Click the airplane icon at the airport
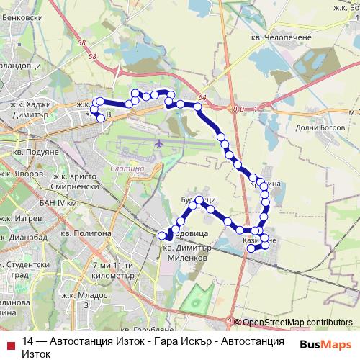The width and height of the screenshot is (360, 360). pyautogui.click(x=158, y=144)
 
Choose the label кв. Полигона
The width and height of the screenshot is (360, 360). pyautogui.click(x=86, y=233)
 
